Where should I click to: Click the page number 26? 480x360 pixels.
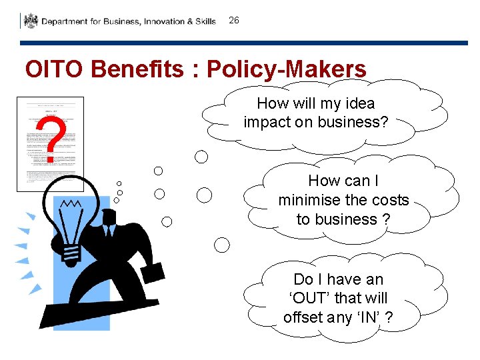pyautogui.click(x=234, y=21)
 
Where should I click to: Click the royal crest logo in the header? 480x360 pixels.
pyautogui.click(x=31, y=21)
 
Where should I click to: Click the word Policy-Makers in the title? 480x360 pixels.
pyautogui.click(x=287, y=69)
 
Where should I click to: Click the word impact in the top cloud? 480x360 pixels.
pyautogui.click(x=265, y=123)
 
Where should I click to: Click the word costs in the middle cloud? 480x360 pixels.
pyautogui.click(x=390, y=200)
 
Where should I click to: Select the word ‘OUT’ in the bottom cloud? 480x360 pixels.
pyautogui.click(x=311, y=298)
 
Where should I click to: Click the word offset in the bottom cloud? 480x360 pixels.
pyautogui.click(x=303, y=317)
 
